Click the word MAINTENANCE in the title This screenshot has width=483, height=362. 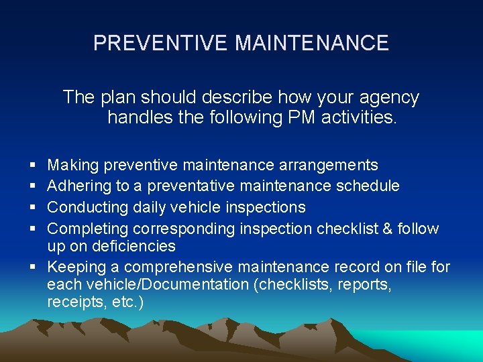312,44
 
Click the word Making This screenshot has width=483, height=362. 73,165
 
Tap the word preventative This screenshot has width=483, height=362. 189,186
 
